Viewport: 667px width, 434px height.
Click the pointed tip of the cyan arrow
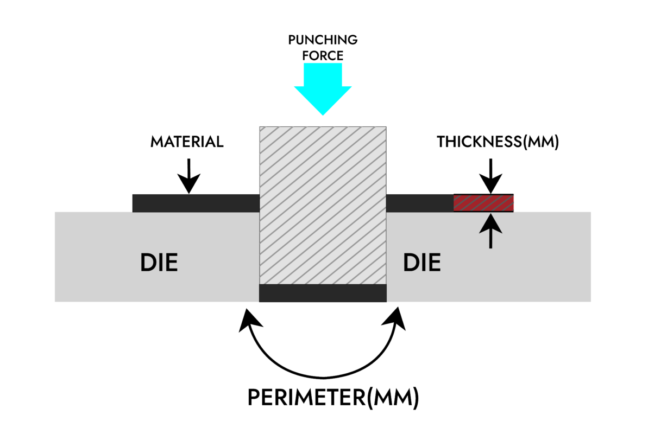click(323, 114)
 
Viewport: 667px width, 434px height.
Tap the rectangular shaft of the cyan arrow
click(323, 74)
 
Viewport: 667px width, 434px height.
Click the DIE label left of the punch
click(159, 263)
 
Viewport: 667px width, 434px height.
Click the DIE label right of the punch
click(421, 263)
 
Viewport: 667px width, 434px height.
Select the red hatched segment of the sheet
click(483, 203)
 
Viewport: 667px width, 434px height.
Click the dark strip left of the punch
click(196, 203)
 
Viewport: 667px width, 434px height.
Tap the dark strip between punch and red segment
click(419, 203)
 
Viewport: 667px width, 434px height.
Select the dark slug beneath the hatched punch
click(323, 293)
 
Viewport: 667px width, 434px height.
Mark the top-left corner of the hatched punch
click(260, 127)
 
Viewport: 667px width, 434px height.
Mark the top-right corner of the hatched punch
click(386, 127)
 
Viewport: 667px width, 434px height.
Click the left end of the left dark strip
click(134, 203)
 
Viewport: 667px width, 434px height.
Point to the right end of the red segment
click(513, 203)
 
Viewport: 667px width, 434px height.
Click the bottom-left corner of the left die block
click(55, 301)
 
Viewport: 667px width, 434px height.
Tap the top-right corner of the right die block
click(590, 212)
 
